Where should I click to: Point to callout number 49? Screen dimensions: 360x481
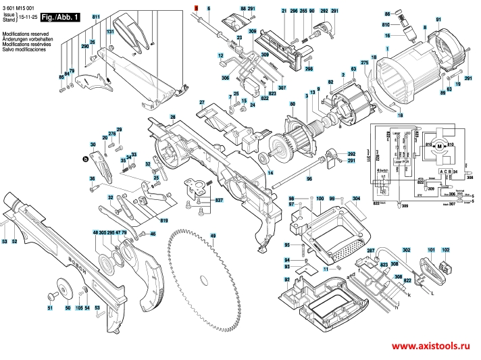pyautogui.click(x=212, y=235)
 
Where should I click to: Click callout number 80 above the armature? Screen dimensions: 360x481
pyautogui.click(x=292, y=104)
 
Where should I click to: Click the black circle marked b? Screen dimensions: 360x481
pyautogui.click(x=85, y=159)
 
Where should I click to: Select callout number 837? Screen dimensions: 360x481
pyautogui.click(x=219, y=201)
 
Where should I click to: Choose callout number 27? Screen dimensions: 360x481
pyautogui.click(x=201, y=102)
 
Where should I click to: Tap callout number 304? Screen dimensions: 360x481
pyautogui.click(x=356, y=199)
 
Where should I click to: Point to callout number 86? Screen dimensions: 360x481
pyautogui.click(x=387, y=14)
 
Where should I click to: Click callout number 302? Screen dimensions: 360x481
pyautogui.click(x=406, y=250)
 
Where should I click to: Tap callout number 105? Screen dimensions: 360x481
pyautogui.click(x=79, y=308)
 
